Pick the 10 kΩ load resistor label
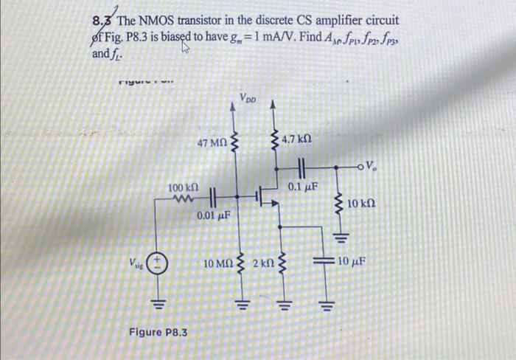pyautogui.click(x=361, y=201)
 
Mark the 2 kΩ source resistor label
pyautogui.click(x=264, y=263)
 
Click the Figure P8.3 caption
pyautogui.click(x=158, y=333)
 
